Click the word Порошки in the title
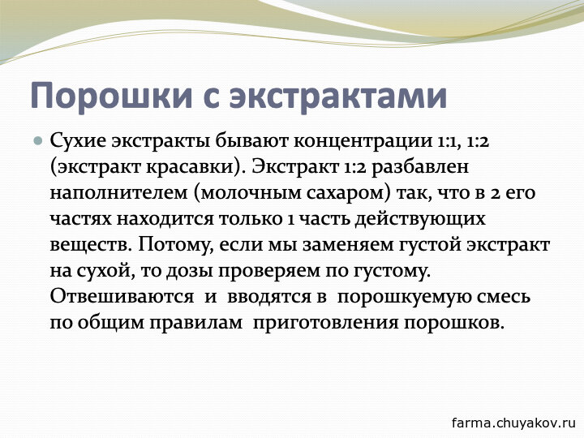111,96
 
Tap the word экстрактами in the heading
338,96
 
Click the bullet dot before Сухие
37,141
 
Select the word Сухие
78,141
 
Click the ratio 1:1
444,142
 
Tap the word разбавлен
420,167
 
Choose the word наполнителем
118,193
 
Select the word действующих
420,220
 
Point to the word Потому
175,245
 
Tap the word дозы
190,272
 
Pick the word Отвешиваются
122,297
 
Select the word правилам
196,324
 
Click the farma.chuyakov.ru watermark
513,423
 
